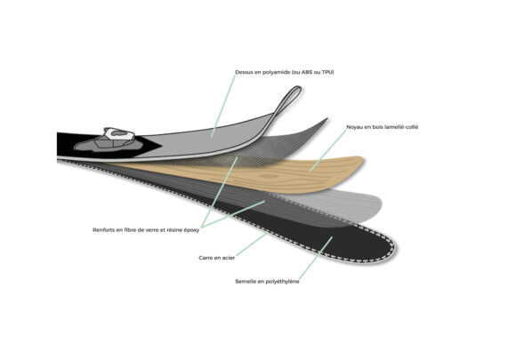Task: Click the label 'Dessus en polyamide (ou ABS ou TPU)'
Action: click(285, 72)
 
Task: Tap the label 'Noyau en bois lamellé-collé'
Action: click(382, 127)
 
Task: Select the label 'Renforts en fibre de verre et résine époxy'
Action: click(146, 230)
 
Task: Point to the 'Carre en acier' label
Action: click(216, 258)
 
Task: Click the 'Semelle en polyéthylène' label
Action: click(267, 282)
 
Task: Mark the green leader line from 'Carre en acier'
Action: click(251, 244)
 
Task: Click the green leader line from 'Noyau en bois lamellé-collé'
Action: click(327, 150)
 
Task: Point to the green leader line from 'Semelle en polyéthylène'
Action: click(316, 258)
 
